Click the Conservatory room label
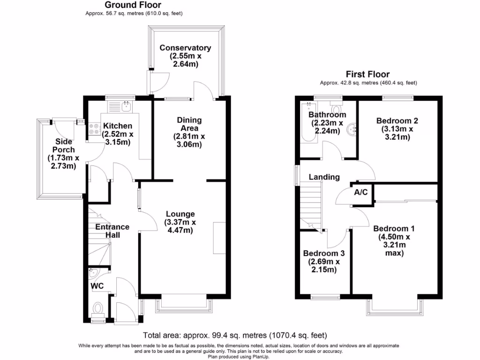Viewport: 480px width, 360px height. pos(185,48)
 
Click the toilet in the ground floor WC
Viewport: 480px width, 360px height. pos(97,309)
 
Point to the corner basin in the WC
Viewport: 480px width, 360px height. pos(92,273)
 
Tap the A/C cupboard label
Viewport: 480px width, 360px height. pos(360,192)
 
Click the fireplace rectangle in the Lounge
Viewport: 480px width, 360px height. pos(218,239)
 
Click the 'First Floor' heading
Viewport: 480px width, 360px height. pos(367,74)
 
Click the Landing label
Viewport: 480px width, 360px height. pos(324,177)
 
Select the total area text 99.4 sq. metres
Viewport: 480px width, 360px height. pos(234,335)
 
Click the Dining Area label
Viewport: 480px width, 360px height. pos(189,124)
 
